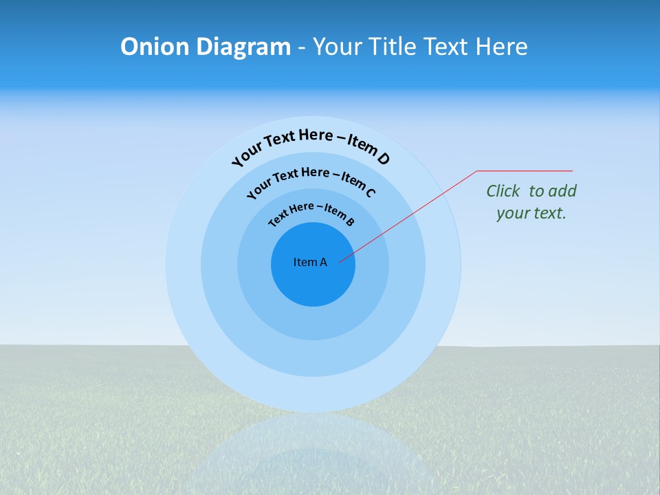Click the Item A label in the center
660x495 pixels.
tap(310, 262)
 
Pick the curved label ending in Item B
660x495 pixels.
tap(311, 212)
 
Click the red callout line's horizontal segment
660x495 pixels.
tap(525, 170)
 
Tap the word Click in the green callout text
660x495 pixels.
tap(503, 191)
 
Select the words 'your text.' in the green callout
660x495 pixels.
tap(531, 213)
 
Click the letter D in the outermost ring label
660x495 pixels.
tap(383, 159)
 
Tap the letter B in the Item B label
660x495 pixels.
tap(350, 221)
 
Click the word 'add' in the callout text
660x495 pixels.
tap(563, 191)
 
